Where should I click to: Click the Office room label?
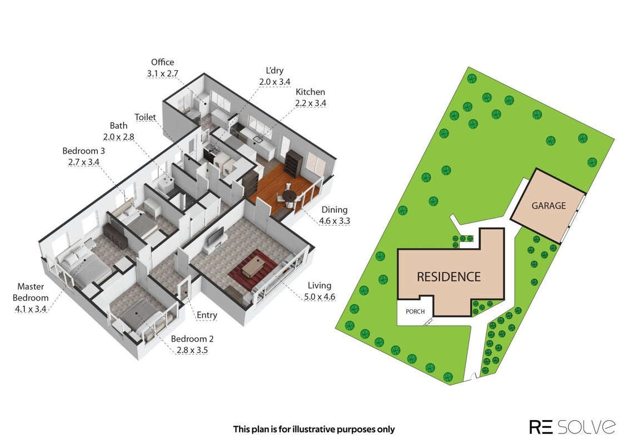point(162,62)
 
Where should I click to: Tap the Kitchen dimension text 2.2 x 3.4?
point(311,103)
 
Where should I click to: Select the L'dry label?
point(275,70)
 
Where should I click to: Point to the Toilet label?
point(145,117)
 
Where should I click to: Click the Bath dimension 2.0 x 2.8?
point(118,137)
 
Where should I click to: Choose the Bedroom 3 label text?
point(84,151)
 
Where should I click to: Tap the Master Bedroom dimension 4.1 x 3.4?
point(31,309)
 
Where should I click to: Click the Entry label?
point(207,315)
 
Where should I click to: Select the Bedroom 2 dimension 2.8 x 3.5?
point(192,350)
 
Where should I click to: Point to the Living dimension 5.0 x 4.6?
point(319,297)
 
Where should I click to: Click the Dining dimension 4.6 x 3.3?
point(335,221)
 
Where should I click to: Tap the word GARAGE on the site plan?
point(549,205)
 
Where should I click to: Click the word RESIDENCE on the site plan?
point(448,277)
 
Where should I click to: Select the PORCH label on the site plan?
point(415,311)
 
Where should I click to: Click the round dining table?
point(288,195)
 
